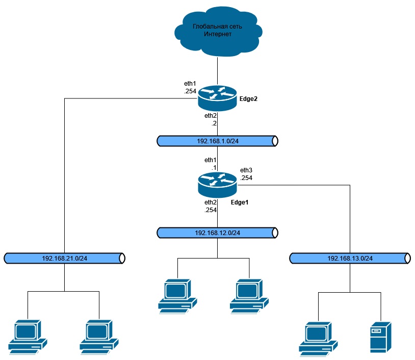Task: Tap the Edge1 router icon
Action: click(x=218, y=185)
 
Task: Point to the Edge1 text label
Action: click(x=240, y=202)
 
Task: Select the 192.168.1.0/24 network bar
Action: click(x=218, y=140)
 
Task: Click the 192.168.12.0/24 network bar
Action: click(x=218, y=233)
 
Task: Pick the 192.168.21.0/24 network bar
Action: click(x=65, y=258)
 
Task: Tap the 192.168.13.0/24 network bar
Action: click(x=350, y=258)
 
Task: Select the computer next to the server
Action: click(x=318, y=339)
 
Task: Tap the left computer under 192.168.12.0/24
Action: click(x=176, y=296)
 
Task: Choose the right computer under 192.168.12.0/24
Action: click(x=249, y=296)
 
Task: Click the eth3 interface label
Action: click(x=247, y=170)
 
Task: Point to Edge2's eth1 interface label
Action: click(x=190, y=83)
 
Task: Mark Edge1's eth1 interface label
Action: click(x=211, y=160)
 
